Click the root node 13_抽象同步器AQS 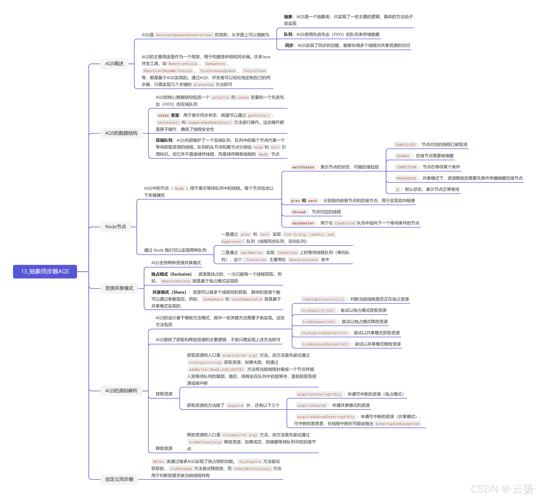point(45,271)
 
